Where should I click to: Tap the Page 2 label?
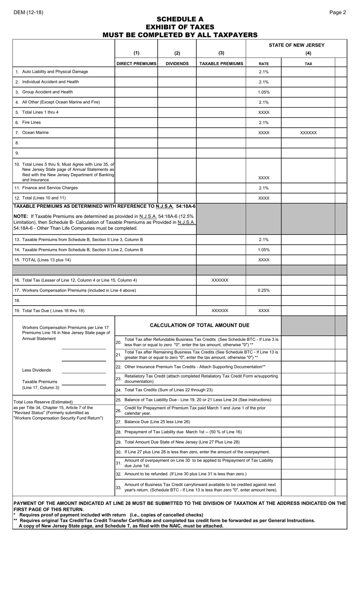click(x=337, y=12)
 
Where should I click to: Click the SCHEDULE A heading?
click(x=180, y=19)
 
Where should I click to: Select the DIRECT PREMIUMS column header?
click(x=136, y=64)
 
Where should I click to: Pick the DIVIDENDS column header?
click(x=177, y=64)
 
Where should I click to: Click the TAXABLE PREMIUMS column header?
click(x=221, y=64)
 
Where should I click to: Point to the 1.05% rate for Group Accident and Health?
click(x=263, y=92)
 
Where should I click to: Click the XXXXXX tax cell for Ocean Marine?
click(x=308, y=133)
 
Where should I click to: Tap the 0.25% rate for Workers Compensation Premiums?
click(x=263, y=291)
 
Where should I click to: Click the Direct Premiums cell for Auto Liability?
click(x=136, y=72)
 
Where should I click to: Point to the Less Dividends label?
click(x=36, y=370)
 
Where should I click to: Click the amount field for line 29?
click(x=308, y=442)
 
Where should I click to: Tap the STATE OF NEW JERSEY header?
click(x=296, y=45)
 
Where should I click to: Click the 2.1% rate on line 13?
click(x=263, y=240)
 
